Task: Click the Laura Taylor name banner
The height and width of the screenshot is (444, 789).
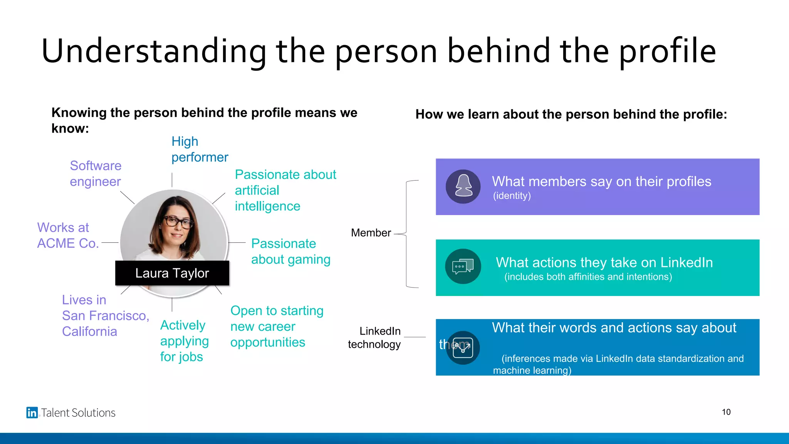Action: pos(172,273)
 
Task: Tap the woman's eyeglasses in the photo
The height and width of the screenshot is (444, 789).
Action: pos(178,222)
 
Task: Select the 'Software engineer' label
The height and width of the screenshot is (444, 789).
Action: pos(96,173)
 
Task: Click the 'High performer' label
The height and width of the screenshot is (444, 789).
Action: pos(200,149)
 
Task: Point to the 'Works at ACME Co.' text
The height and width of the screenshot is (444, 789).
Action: pos(68,235)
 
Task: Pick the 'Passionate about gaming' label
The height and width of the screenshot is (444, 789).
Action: pos(290,251)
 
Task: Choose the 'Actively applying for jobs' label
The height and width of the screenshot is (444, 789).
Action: pos(184,341)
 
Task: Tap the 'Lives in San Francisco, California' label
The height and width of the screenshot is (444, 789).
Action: pos(105,316)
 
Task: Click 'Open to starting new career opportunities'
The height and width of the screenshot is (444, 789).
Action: pos(277,326)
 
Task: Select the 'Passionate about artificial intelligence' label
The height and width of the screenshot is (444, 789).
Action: pos(285,190)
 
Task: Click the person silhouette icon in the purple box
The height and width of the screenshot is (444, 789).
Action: pos(463,187)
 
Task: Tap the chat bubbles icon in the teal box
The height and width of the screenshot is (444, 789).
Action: pos(463,266)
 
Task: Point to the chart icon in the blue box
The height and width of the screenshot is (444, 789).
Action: pos(463,348)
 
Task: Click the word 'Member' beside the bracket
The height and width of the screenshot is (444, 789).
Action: pos(371,233)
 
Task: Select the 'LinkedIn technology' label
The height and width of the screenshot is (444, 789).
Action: pos(374,338)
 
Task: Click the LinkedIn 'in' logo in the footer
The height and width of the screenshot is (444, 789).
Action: pos(32,412)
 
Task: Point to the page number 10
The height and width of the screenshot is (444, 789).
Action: pos(726,412)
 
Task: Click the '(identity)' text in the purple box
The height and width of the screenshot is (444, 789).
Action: pos(512,196)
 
